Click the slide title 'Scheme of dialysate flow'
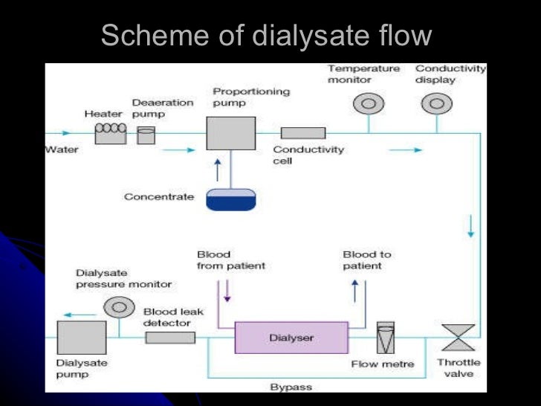coord(265,35)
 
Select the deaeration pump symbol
coord(146,135)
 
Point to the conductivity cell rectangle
coord(302,133)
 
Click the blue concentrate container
coord(230,199)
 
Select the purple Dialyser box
coord(291,337)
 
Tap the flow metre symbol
coord(386,338)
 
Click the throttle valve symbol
coord(458,337)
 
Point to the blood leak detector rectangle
coord(170,338)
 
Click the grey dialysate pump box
coord(81,338)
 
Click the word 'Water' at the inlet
coord(62,149)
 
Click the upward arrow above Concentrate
coord(217,170)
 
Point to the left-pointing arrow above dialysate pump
coord(85,315)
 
